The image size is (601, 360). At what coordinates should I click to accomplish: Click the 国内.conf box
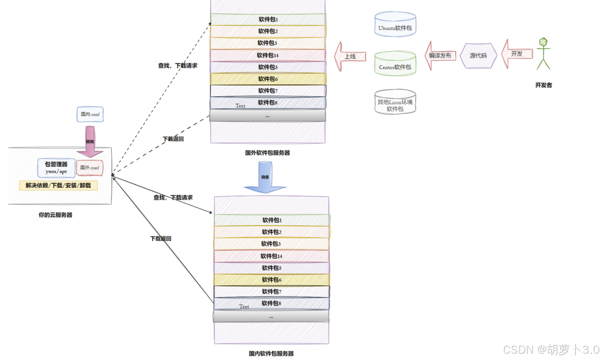90,114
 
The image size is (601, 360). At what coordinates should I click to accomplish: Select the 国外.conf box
90,168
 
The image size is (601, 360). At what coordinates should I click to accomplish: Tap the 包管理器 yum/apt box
56,168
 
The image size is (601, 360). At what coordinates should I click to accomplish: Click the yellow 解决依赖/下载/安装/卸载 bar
58,185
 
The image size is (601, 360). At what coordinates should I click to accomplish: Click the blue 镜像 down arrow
265,178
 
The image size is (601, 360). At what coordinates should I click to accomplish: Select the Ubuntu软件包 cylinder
395,25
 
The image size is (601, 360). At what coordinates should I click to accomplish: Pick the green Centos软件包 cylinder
395,63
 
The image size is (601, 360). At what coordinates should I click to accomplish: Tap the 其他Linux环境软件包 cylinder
395,102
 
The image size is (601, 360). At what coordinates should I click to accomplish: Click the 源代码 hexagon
478,56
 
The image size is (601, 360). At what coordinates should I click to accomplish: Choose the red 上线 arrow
350,57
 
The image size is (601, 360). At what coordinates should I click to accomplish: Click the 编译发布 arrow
440,56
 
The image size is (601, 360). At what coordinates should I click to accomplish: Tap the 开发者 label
544,85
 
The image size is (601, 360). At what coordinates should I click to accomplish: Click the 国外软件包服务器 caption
268,153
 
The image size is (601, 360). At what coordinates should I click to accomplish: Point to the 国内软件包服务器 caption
271,353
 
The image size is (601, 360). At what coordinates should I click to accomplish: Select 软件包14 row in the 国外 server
268,55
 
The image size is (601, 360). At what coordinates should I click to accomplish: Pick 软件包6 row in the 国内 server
272,280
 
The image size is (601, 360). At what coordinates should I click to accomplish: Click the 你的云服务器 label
55,215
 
